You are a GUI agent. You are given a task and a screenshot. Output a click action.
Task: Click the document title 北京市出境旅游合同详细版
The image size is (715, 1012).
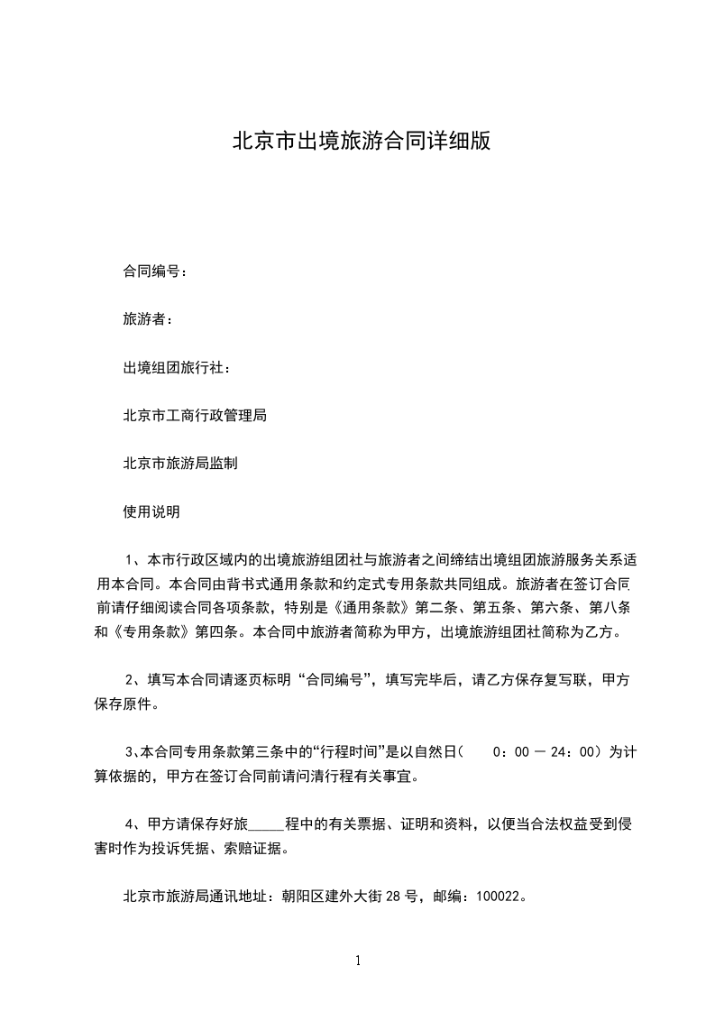click(362, 142)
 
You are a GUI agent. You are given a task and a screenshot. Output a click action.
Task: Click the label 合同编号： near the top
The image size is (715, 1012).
click(155, 271)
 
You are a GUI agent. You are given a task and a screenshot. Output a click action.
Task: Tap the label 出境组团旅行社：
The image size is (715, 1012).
click(177, 367)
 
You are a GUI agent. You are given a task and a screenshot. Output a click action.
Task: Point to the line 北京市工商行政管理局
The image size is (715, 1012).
click(195, 416)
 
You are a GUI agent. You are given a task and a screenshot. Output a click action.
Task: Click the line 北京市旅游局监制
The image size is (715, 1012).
click(180, 464)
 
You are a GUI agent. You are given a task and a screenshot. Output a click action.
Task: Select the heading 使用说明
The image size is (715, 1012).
click(151, 511)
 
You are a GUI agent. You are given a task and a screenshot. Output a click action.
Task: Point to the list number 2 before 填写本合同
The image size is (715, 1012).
click(129, 680)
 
